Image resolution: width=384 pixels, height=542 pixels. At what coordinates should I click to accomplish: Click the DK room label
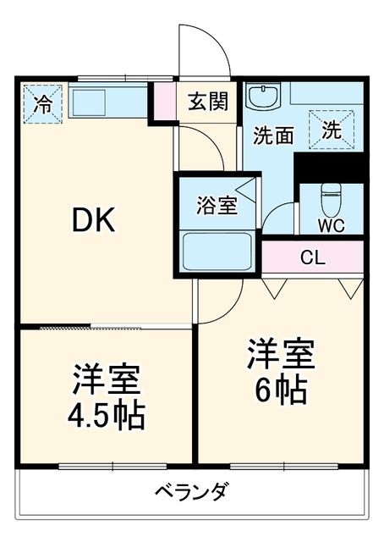94,219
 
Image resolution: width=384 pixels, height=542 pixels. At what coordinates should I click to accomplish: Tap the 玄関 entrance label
208,102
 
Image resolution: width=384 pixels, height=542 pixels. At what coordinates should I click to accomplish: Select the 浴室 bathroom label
217,205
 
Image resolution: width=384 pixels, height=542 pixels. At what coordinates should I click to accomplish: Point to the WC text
331,225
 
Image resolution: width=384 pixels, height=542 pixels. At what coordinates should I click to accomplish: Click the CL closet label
313,257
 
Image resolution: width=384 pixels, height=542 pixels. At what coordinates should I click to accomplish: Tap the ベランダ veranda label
192,492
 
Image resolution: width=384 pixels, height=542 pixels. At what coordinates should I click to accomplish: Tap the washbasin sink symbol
263,96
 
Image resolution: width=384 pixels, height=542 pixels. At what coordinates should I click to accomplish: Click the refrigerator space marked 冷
43,104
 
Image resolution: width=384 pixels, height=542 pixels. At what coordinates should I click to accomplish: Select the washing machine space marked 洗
332,130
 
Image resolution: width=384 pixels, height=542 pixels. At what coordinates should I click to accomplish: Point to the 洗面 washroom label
273,135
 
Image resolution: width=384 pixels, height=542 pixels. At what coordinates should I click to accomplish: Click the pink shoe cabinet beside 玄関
164,101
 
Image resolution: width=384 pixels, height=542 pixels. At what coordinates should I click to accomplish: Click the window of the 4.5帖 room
112,467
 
